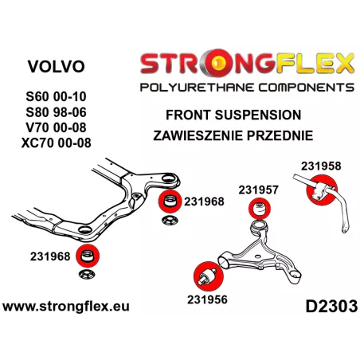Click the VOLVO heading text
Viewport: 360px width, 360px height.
point(57,66)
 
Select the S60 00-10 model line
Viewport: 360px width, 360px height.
point(56,96)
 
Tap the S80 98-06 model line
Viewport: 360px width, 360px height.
point(56,112)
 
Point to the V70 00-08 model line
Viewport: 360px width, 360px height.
point(56,127)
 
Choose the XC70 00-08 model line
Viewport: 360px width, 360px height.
point(56,143)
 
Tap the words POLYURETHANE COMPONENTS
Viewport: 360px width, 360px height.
point(247,88)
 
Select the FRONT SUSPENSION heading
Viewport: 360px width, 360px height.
point(233,115)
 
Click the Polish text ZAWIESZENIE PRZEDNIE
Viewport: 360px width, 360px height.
point(233,135)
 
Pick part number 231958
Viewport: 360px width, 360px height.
point(321,166)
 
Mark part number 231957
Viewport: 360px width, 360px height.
point(258,190)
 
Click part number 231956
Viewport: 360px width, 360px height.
point(207,299)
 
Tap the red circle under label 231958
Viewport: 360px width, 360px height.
point(322,190)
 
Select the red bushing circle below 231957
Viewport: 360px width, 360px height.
point(260,209)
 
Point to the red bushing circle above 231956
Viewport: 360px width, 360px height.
point(209,276)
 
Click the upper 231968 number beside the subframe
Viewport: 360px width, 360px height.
point(204,202)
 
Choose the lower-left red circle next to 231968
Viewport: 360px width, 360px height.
point(88,256)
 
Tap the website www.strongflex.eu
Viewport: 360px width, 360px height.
point(66,307)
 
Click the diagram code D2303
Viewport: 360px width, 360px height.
point(331,307)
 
